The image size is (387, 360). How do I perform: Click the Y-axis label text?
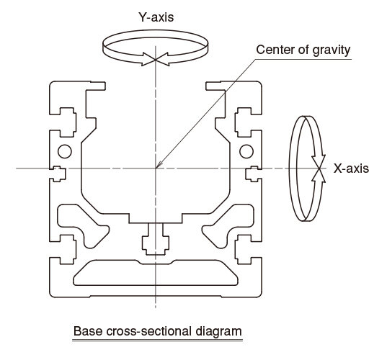156,17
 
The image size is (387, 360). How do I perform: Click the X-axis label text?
351,168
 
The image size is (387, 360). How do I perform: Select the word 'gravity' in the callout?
332,50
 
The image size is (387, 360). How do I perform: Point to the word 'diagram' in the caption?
218,332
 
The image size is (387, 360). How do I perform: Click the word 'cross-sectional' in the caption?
149,331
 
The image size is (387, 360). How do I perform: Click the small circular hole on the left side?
65,151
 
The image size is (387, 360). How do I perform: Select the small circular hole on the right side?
246,151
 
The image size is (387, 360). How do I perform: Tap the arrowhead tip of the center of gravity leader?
156,168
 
